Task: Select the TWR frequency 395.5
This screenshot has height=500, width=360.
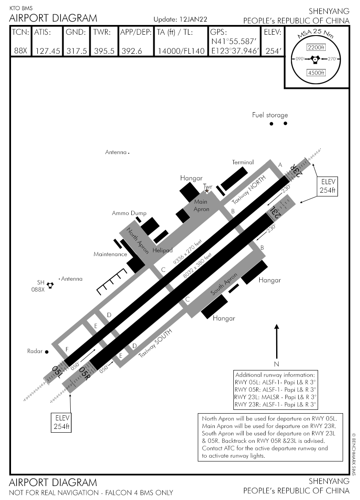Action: (104, 51)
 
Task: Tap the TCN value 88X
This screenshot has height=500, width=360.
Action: (20, 51)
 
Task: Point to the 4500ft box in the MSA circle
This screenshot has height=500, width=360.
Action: (316, 72)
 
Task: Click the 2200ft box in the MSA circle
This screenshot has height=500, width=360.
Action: (316, 47)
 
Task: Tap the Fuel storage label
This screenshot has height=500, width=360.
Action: (270, 115)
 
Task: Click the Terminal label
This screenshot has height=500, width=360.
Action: (243, 162)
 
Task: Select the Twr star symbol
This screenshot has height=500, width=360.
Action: (207, 191)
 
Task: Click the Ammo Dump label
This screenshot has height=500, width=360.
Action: (126, 213)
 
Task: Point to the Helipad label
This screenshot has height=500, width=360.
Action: (163, 251)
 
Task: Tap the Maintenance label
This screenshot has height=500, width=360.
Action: (110, 254)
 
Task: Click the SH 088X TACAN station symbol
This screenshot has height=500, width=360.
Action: (50, 285)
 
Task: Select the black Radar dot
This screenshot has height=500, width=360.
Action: (47, 352)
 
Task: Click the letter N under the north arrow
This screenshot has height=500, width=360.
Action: (276, 364)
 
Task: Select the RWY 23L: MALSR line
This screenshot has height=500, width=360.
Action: (275, 397)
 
